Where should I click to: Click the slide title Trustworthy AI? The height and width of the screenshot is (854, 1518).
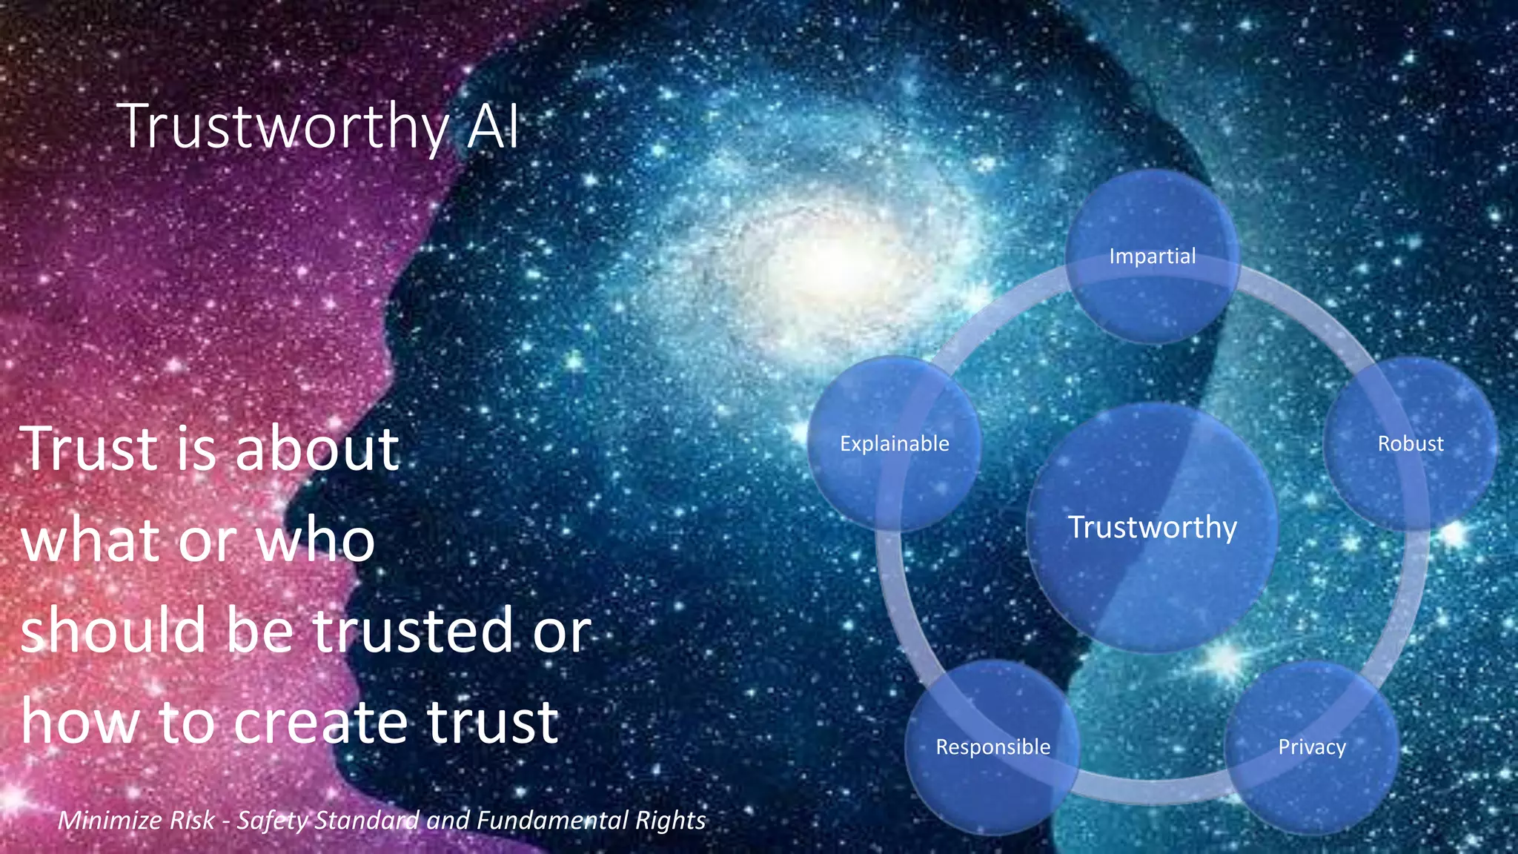coord(318,127)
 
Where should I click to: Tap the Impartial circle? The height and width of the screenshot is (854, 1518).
coord(1153,256)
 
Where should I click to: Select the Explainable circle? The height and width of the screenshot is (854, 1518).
coord(894,443)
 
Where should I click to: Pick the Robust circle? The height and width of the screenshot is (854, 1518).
coord(1411,443)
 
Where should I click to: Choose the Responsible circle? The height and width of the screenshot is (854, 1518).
coord(992,747)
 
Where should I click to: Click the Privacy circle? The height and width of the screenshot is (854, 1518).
coord(1312,747)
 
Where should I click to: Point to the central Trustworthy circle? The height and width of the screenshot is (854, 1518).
coord(1153,527)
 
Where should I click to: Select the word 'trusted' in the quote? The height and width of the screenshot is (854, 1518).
coord(412,630)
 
